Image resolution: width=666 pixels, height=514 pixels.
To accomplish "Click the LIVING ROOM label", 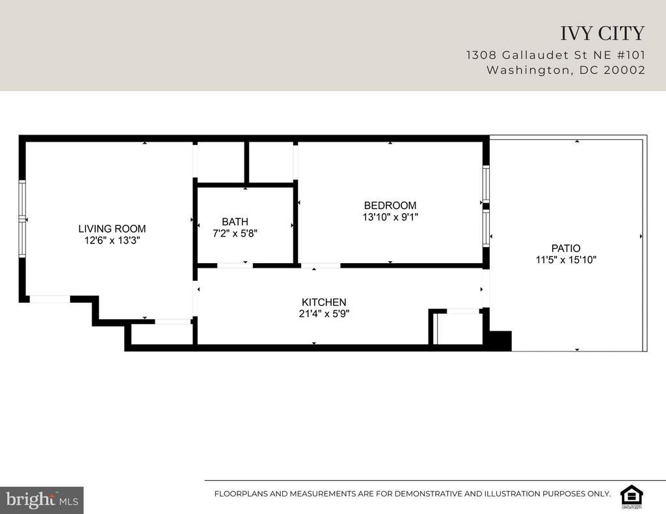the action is coord(112,229).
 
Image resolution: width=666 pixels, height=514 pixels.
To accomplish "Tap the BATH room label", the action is coord(235,222).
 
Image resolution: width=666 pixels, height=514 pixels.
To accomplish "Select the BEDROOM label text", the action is coord(390,205).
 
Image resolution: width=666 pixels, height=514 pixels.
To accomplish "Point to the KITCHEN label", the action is coord(324,302).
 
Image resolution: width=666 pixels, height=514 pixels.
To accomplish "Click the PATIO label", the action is coord(566,248).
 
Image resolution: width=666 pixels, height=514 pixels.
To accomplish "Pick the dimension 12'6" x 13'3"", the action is coord(112,240).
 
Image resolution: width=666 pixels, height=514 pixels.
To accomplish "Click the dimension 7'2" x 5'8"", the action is coord(235,233).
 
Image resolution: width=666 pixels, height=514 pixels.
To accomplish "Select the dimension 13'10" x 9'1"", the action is coord(390,217).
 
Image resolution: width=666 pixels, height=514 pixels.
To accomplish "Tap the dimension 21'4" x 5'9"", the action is coord(324,314).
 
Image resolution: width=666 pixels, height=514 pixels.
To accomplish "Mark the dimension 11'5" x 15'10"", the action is coord(566,260).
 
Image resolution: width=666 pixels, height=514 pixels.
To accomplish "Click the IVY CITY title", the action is coord(602,34).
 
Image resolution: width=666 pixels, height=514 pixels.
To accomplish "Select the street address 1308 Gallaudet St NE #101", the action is coord(555,55).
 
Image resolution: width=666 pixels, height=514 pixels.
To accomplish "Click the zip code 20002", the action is coord(624,70).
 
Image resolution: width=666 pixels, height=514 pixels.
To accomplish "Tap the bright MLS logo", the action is coord(42,500).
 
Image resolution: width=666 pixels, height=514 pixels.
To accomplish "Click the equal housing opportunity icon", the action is coord(632,496).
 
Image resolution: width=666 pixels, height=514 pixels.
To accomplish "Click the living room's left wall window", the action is coord(22,219).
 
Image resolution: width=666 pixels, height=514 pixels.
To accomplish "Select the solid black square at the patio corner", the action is coord(500,341).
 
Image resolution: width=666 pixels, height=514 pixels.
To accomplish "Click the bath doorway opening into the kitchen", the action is coord(235,266).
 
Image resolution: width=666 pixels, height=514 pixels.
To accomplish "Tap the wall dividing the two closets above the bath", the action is coord(246,163).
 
